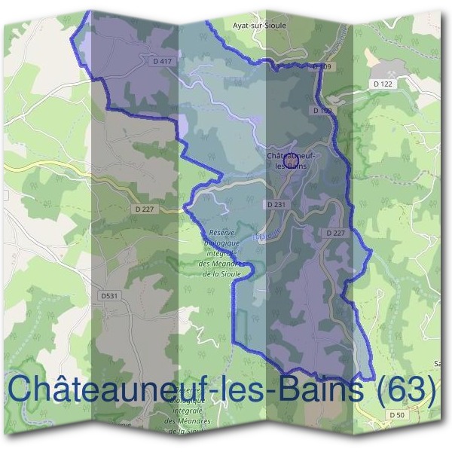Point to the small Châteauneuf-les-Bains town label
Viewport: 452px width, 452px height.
point(289,160)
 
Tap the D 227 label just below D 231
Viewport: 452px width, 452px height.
point(336,234)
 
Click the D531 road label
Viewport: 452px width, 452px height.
point(110,296)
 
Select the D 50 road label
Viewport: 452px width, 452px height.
point(397,415)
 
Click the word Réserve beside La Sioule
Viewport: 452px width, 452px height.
point(223,234)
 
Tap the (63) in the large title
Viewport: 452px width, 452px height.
point(408,389)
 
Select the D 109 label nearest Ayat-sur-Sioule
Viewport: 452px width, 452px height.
point(322,67)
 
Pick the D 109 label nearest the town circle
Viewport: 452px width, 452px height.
point(322,111)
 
